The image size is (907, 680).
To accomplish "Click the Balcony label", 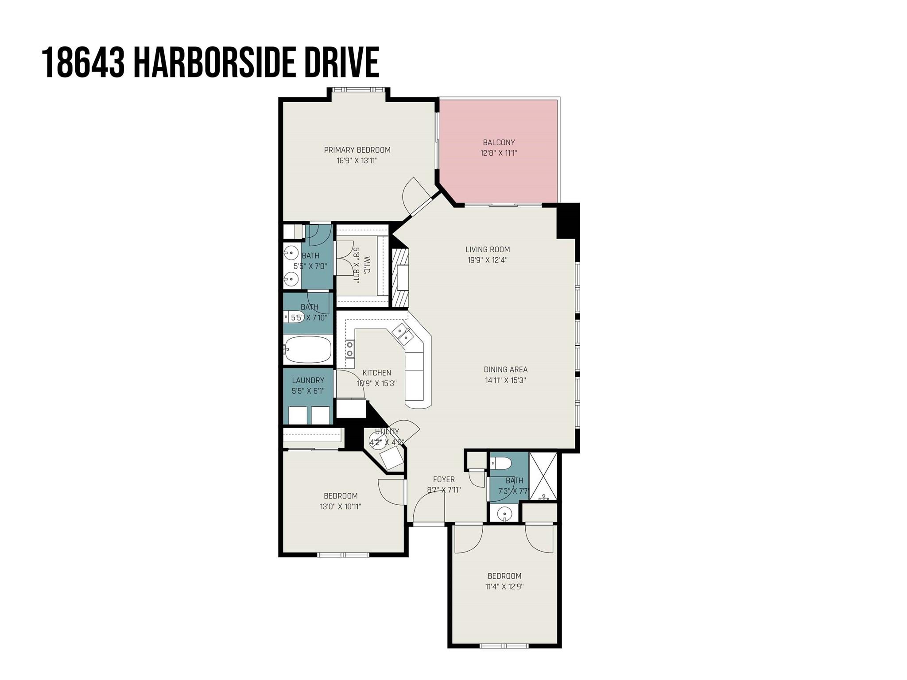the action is click(499, 143).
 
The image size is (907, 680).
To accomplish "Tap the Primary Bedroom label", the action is click(357, 150).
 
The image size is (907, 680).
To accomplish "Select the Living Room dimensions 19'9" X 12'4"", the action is click(488, 260).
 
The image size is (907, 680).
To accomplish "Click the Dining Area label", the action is click(505, 370).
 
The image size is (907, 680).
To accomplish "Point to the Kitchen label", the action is click(376, 373).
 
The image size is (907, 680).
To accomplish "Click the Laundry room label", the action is click(308, 380).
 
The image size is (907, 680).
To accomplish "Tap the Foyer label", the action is click(444, 479).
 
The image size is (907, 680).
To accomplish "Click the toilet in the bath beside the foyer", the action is click(501, 463).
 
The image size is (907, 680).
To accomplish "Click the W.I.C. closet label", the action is click(367, 265).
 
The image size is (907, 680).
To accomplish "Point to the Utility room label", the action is click(387, 432).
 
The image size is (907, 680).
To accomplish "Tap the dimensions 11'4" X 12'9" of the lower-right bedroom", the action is click(504, 587).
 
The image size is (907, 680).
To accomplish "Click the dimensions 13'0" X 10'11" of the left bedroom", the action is click(341, 506).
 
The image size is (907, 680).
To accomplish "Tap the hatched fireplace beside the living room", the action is click(399, 277).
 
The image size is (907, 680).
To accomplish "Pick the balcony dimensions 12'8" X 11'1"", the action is click(499, 153).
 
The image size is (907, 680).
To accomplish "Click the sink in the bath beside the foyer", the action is click(504, 514).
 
